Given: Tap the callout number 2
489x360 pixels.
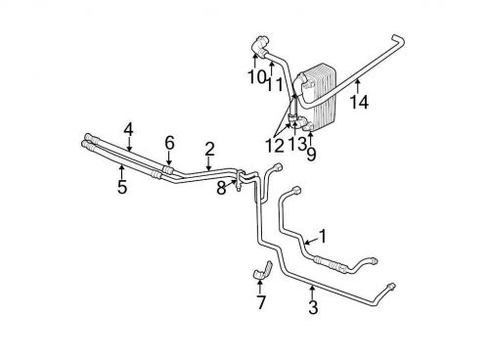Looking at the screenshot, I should (208, 149).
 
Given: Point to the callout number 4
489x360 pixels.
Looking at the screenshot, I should (128, 128).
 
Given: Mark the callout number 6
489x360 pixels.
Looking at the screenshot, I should (169, 143).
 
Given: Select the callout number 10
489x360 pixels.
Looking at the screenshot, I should (255, 75).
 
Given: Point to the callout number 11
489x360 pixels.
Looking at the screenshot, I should (277, 83).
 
